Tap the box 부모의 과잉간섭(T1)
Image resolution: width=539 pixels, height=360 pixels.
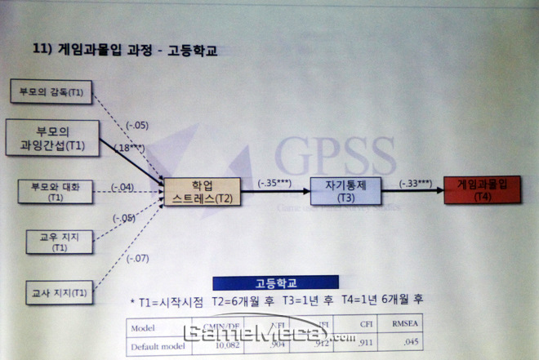(51, 138)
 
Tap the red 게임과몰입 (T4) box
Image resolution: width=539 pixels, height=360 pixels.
(480, 189)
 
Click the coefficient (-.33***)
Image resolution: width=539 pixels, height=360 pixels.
(417, 184)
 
